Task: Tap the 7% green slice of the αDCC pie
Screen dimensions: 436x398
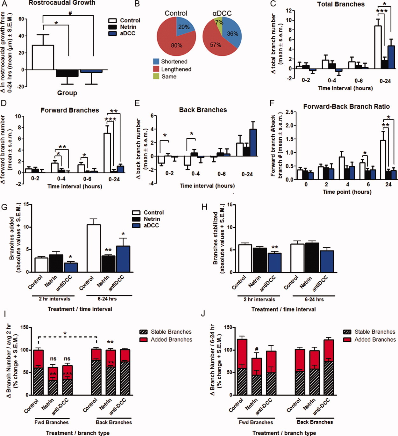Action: (219, 23)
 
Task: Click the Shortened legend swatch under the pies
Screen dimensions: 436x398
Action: (156, 62)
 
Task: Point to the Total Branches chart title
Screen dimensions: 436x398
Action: (341, 4)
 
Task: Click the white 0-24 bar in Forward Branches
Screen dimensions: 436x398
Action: (107, 153)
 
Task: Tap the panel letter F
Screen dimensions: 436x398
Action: (272, 103)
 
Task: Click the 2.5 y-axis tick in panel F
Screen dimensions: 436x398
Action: (289, 112)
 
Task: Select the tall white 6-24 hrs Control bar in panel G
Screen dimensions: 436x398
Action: (94, 248)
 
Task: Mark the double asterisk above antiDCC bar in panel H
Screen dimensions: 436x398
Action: (274, 248)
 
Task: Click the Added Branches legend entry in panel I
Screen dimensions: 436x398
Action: (171, 340)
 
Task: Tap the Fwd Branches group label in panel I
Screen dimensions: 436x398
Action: (52, 422)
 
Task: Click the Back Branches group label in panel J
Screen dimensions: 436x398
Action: (315, 422)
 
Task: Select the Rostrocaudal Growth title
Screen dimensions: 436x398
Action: (62, 3)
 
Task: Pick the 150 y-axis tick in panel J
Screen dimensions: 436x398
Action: (227, 327)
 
